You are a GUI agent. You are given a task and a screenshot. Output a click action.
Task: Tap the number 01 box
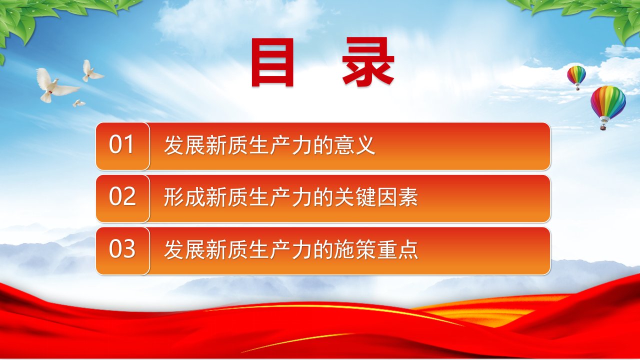coord(122,146)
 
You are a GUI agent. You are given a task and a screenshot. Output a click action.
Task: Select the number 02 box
coord(122,198)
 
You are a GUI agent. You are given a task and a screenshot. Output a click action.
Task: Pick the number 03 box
coord(122,251)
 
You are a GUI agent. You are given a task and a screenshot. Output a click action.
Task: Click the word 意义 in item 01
coord(354,145)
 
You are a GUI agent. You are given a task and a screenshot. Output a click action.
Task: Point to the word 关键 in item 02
coord(354,197)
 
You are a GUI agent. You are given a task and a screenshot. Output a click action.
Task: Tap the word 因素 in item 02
coord(397,197)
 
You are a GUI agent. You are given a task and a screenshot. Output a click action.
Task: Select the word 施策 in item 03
coord(354,249)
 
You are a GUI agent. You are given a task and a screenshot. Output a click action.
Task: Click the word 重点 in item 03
coord(397,249)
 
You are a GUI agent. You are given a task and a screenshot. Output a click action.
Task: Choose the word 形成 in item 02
coord(184,197)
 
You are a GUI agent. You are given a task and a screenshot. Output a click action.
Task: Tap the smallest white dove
coord(78,103)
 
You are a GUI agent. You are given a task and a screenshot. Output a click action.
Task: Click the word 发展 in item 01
coord(184,145)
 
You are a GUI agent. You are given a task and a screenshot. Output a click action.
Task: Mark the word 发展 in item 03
coord(184,249)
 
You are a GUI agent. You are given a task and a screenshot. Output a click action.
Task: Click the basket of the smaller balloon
coord(577,89)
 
